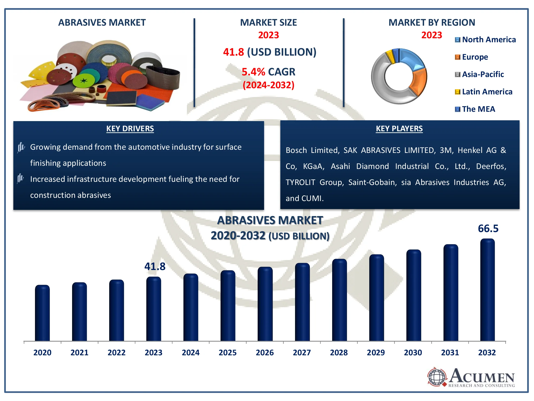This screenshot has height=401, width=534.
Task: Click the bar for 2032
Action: click(x=487, y=290)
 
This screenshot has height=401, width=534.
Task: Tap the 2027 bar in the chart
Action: click(x=302, y=302)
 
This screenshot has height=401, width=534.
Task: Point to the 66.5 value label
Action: click(x=488, y=229)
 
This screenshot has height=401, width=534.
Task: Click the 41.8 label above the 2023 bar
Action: click(x=155, y=267)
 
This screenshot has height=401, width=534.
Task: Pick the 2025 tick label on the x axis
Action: click(x=227, y=353)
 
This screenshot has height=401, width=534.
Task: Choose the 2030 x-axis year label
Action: click(x=413, y=353)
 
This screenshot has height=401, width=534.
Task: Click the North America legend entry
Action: click(x=485, y=40)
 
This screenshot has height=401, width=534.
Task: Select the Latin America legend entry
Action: click(x=484, y=92)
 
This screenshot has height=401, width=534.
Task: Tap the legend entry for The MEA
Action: click(x=475, y=109)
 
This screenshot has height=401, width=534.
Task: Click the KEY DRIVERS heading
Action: click(x=130, y=129)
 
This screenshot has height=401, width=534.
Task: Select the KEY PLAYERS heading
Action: click(x=399, y=129)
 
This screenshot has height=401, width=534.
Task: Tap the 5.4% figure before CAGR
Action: click(x=253, y=72)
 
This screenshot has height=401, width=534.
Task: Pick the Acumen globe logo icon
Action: click(x=437, y=377)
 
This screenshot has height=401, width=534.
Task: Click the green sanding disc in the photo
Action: click(x=84, y=81)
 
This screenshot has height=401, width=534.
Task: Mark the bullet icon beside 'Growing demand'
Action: click(x=21, y=147)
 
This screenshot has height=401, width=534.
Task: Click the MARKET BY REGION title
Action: click(x=432, y=22)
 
